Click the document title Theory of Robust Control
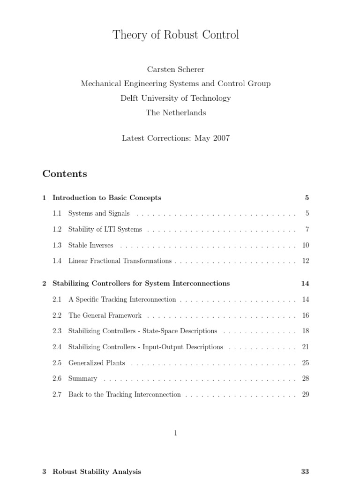pos(176,35)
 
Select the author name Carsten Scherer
pos(176,69)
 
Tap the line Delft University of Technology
pos(176,98)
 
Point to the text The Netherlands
pos(176,112)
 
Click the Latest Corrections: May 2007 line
pos(176,138)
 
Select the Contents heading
pos(65,174)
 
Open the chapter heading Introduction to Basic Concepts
pos(107,198)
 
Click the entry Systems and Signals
pos(99,214)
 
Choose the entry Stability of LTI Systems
pos(105,230)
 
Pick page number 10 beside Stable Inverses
pos(305,245)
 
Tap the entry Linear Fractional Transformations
pos(120,261)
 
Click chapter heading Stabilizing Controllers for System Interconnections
pos(141,284)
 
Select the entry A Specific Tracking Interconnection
pos(122,300)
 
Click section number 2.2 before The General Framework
pos(57,315)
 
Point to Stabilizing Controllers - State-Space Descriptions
pos(142,331)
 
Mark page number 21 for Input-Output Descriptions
pos(305,347)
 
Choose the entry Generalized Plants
pos(97,363)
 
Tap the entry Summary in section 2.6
pos(83,379)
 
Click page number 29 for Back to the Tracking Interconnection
pos(305,395)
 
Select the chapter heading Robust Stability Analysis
pos(97,472)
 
